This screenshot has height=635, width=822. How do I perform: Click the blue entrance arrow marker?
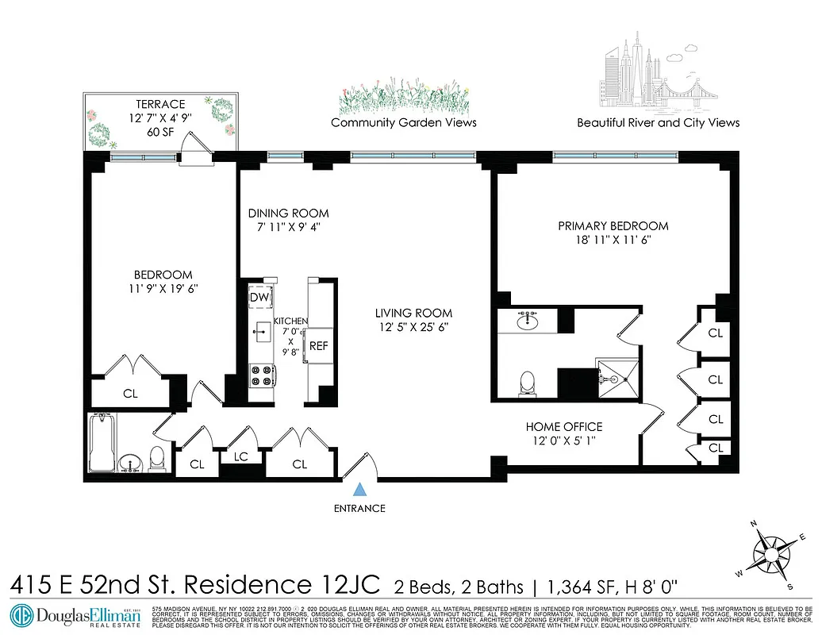point(361,491)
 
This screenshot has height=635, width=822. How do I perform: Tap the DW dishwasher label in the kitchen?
point(259,297)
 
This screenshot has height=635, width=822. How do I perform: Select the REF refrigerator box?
point(319,345)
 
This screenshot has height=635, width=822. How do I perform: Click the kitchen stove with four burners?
point(261,375)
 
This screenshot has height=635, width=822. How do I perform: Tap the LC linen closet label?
point(241,456)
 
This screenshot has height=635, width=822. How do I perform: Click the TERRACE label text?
point(159,104)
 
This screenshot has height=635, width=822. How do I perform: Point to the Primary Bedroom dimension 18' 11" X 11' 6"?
point(613,240)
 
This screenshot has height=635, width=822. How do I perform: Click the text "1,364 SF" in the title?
point(578,587)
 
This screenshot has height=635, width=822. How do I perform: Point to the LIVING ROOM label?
point(413,313)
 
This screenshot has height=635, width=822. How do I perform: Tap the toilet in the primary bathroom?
point(526,383)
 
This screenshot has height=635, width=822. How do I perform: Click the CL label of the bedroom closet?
point(129,392)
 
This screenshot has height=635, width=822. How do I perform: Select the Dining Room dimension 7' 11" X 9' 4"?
point(287,227)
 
